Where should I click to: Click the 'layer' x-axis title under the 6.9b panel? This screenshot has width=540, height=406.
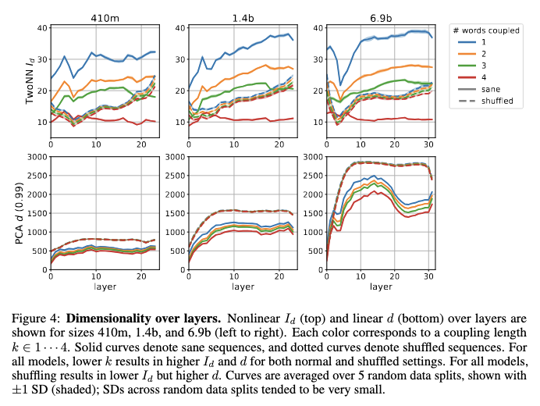click(x=381, y=287)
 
